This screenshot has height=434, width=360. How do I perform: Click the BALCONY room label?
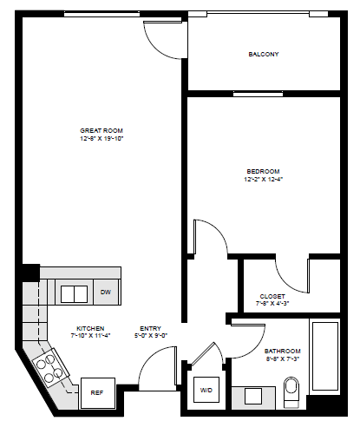(x=263, y=54)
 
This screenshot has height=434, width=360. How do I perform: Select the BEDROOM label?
(x=263, y=171)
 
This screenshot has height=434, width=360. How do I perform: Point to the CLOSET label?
(x=272, y=296)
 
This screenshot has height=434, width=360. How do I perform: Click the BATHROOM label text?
(x=283, y=351)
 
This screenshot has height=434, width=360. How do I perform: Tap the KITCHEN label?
(x=90, y=328)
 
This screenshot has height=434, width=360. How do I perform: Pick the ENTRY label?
(x=149, y=328)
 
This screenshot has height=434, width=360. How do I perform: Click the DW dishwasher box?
(x=105, y=293)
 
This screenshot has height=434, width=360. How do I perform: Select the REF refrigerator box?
(x=97, y=392)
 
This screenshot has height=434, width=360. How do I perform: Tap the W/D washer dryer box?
(x=206, y=391)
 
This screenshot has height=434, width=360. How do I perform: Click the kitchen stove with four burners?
(x=49, y=368)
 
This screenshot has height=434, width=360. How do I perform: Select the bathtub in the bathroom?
(x=325, y=365)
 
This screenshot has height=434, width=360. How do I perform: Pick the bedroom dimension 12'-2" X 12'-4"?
(x=263, y=180)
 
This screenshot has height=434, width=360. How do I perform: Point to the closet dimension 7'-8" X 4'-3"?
(x=272, y=305)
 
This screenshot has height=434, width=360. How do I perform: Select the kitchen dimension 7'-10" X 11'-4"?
(x=90, y=336)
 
